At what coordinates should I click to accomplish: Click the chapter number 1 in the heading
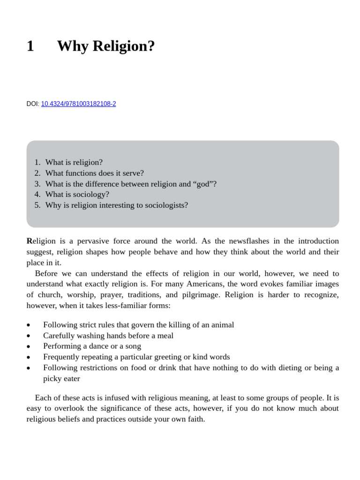click(30, 46)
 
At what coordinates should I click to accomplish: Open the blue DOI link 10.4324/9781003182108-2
click(78, 104)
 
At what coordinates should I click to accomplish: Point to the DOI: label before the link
click(33, 104)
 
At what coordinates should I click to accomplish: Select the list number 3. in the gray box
click(37, 184)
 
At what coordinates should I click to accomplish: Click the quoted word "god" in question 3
click(204, 184)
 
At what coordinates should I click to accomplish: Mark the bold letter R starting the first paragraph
click(30, 241)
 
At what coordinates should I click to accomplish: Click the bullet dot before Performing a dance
click(29, 346)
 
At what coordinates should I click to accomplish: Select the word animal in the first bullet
click(223, 325)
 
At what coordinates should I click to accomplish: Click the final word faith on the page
click(196, 419)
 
